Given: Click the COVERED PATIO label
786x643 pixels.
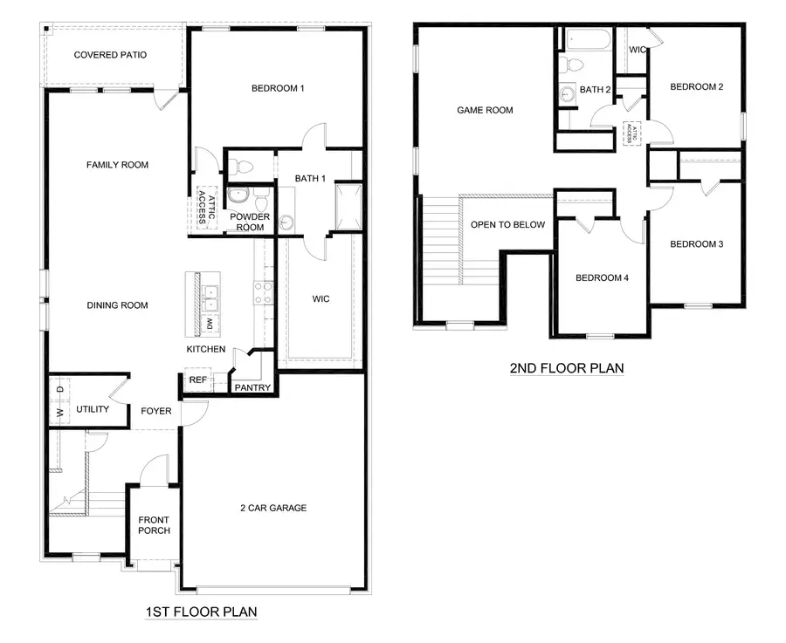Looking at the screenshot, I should coord(110,55).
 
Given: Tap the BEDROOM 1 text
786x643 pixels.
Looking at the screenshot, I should coord(278,88).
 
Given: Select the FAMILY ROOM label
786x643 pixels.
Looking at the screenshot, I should coord(117,165).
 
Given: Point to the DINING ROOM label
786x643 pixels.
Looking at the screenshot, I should coord(117,305).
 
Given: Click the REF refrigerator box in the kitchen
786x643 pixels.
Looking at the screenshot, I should coord(196,380).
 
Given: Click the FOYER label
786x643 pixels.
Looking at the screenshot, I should coord(156,411).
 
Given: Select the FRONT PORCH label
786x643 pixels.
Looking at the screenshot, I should coord(155,525).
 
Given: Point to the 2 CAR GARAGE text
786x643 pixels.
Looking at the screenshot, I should coord(273,508).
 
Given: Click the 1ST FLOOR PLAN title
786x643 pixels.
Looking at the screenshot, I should coord(201,612).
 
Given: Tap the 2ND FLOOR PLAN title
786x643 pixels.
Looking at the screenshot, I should coord(567,368).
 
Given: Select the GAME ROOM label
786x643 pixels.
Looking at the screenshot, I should coord(485,111).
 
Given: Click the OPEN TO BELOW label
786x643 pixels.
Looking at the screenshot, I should coord(507,225).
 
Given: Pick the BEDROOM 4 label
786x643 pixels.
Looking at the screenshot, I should coord(602,278).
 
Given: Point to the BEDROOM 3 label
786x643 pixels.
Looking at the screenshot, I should coord(696,244).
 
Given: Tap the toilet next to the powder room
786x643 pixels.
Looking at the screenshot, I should coord(244,166).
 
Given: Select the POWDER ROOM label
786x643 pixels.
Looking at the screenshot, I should coord(250,222).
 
